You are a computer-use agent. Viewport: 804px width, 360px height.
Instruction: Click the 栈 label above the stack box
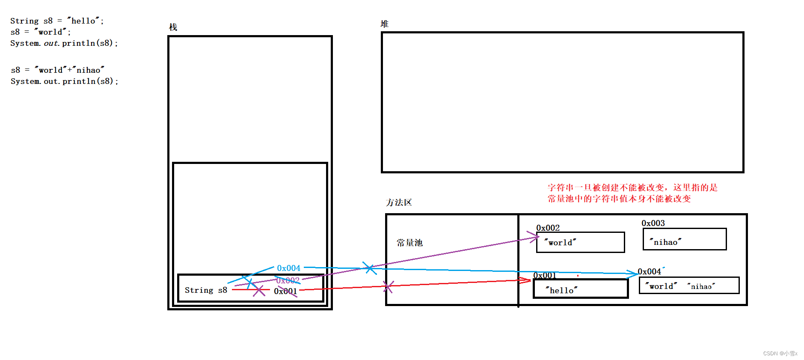173,27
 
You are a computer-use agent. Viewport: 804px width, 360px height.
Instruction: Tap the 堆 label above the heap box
384,24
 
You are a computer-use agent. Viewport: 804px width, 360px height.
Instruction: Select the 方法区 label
398,202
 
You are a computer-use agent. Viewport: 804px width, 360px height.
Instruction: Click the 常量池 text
409,243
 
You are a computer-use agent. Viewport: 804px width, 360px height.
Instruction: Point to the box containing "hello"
580,289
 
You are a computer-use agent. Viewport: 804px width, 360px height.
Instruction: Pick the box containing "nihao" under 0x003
684,239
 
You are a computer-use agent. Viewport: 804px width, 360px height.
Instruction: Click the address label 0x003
653,223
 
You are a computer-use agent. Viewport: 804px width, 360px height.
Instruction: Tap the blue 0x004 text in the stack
288,268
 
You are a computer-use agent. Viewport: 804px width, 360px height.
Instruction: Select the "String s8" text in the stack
206,290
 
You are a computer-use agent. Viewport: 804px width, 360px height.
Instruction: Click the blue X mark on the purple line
369,268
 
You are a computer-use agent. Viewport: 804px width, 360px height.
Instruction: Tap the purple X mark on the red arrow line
388,286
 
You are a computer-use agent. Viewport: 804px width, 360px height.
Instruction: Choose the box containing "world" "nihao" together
689,286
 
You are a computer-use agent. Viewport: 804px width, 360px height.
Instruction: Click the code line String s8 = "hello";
57,21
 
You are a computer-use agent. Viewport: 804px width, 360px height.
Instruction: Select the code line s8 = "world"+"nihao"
57,70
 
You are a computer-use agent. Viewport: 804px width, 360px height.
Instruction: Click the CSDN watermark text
780,353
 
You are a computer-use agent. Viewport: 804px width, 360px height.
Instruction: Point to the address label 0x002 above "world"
548,228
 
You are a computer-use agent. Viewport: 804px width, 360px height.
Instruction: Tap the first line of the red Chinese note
632,187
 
